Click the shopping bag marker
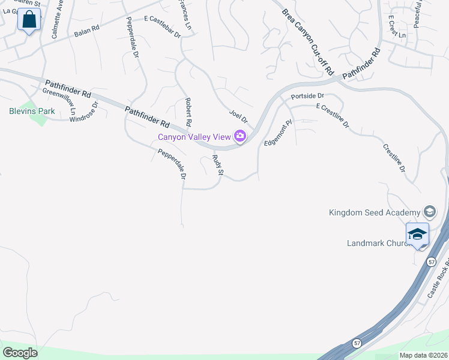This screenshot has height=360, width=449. (x=29, y=20)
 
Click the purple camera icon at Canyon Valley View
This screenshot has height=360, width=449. (x=240, y=137)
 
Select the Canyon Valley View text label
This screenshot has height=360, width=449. (x=194, y=137)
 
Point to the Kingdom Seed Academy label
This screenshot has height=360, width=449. (x=375, y=212)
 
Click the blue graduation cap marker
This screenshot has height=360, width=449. (x=417, y=234)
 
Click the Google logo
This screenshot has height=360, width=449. (x=20, y=353)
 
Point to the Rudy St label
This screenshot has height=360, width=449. (x=218, y=165)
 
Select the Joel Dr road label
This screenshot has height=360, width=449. (x=238, y=116)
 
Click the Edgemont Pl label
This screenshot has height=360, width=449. (x=277, y=133)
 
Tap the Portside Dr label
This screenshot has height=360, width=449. (x=307, y=96)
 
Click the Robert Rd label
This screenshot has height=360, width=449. (x=188, y=112)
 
